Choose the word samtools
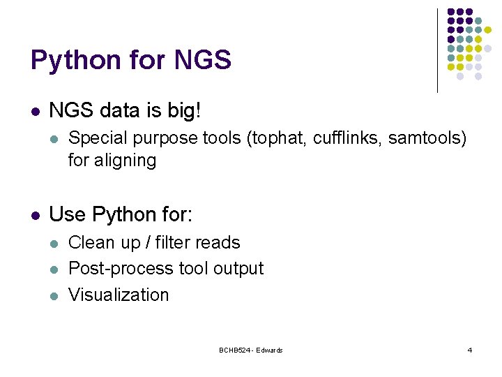425,138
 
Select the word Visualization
119,295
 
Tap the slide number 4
469,350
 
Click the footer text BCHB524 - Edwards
250,350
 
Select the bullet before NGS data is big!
36,111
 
